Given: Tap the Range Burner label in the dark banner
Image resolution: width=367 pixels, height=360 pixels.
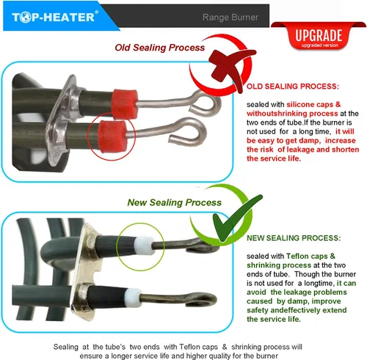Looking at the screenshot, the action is point(230,18).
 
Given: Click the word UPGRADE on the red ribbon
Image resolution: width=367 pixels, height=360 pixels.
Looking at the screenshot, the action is point(319,35).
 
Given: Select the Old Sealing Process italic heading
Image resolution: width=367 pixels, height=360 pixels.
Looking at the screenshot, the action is point(160,48).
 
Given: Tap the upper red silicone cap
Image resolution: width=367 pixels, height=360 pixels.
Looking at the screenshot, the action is point(125,103).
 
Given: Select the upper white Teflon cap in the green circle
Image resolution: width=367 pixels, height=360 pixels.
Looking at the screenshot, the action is point(145,245).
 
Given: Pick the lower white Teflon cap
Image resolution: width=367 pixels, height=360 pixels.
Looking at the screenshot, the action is point(134,297).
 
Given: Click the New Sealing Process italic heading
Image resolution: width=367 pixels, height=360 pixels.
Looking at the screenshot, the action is point(175,202).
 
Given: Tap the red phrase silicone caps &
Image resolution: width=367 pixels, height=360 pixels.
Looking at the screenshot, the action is point(313,104).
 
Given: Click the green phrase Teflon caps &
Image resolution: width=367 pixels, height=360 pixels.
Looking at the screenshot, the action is point(310,256).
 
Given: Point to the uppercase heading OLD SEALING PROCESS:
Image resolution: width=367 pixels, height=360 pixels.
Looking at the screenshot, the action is point(293,87).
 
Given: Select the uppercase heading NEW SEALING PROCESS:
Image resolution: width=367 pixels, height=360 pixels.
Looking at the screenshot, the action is point(294,238).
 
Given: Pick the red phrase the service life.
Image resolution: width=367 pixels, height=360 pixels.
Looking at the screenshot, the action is point(274,158).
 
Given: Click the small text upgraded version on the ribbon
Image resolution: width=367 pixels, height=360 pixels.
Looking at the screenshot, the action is point(319,45).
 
